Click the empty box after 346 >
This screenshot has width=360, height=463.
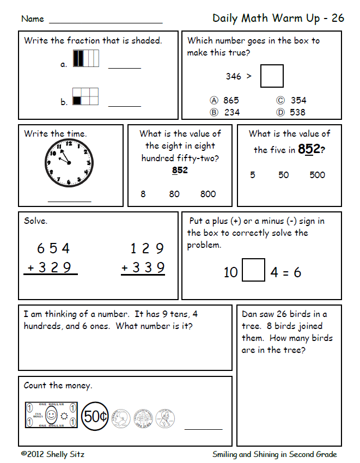(272, 76)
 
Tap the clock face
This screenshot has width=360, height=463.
(69, 162)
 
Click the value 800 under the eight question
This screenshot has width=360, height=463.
(208, 194)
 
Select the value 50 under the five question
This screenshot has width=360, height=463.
(284, 175)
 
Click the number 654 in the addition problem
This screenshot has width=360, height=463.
(53, 249)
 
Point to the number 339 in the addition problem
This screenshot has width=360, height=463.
(148, 268)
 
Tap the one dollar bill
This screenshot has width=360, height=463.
(51, 416)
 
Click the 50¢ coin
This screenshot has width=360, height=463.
(95, 417)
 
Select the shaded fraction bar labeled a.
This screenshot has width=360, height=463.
(86, 58)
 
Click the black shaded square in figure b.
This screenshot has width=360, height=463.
(77, 100)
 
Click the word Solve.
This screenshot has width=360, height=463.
(35, 222)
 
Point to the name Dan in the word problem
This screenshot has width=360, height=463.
(249, 314)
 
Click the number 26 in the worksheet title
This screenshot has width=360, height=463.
(338, 18)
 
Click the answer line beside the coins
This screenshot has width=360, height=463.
(203, 429)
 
